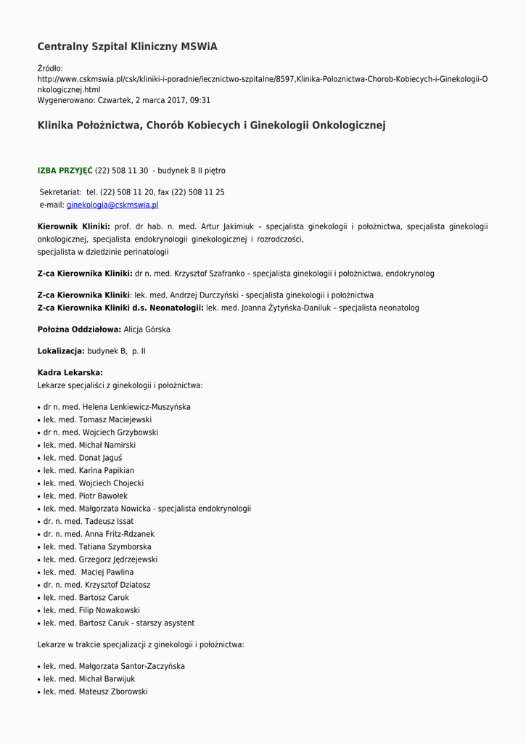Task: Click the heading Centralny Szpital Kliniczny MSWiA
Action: [127, 46]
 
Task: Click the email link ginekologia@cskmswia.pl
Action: [112, 205]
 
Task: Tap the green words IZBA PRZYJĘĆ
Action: [65, 171]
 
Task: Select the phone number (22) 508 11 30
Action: [121, 171]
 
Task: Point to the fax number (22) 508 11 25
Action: [198, 192]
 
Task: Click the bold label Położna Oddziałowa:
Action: [79, 329]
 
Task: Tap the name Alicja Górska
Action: [147, 329]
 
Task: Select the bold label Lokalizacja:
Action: [61, 351]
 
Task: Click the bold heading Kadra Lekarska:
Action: [70, 373]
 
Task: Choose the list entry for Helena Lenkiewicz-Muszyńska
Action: [117, 407]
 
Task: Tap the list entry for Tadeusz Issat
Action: [89, 522]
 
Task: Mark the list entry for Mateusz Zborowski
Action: [95, 692]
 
